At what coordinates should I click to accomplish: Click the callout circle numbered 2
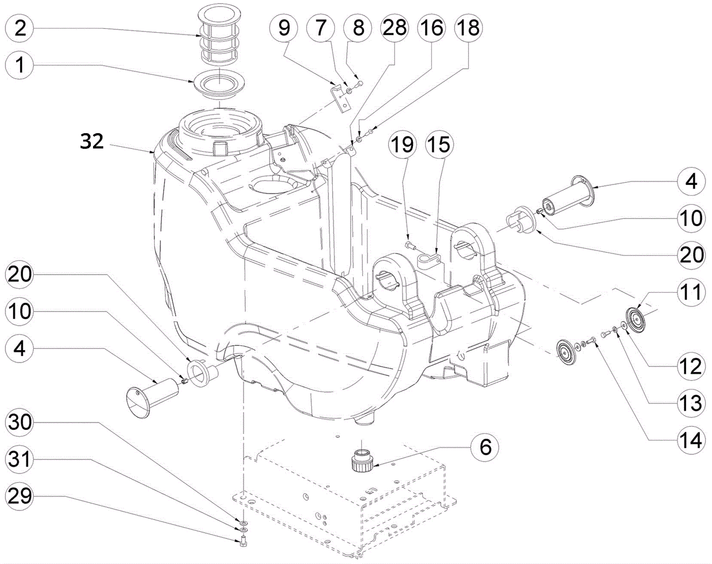click(20, 28)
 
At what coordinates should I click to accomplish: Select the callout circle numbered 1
click(20, 65)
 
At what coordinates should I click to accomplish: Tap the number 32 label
click(92, 141)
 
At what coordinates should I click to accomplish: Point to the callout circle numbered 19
click(402, 145)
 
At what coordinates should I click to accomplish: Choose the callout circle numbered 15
click(439, 145)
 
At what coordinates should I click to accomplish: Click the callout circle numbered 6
click(485, 447)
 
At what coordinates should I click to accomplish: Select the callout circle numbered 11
click(691, 292)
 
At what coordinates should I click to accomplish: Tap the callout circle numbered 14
click(691, 440)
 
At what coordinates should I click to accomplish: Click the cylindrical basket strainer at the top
click(220, 35)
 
